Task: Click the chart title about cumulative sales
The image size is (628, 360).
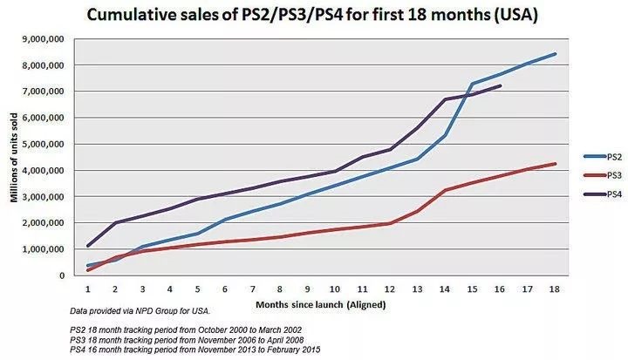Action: (x=311, y=17)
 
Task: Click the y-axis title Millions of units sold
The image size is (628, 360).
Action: (x=14, y=157)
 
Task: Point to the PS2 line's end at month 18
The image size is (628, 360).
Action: (x=556, y=54)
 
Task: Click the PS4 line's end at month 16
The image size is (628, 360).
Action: (x=500, y=85)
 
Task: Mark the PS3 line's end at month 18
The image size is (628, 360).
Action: (x=556, y=164)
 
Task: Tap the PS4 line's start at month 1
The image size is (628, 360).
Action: (x=89, y=246)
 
